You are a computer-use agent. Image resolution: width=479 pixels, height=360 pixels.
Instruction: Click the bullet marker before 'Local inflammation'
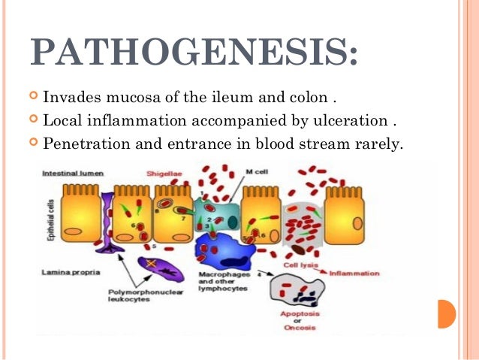coord(33,120)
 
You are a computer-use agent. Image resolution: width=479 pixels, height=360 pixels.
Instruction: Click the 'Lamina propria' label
coord(69,273)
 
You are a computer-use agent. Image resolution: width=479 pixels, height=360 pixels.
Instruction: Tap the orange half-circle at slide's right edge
coord(447,313)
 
